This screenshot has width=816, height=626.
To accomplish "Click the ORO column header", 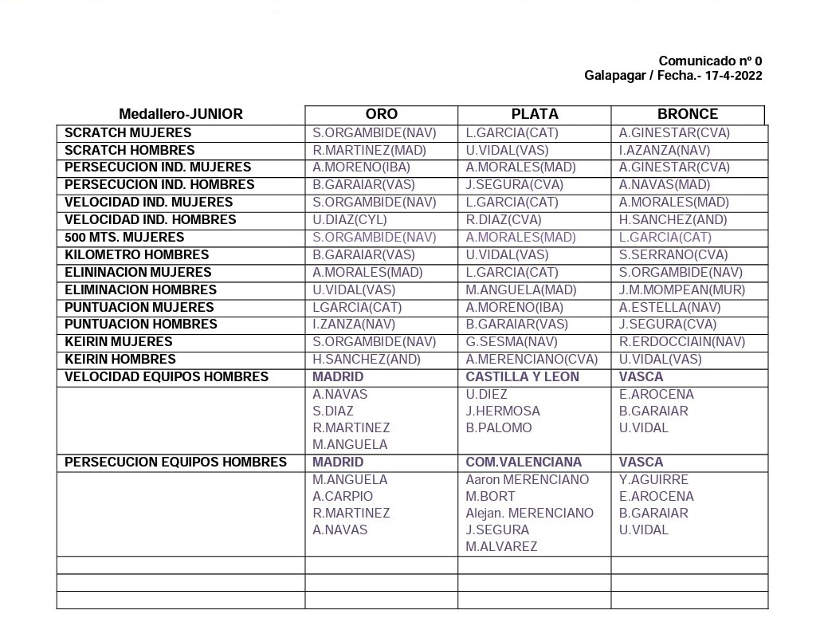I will click(381, 114).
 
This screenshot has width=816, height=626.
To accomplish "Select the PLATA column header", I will click(535, 114).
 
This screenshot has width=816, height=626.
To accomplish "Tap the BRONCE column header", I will click(687, 114).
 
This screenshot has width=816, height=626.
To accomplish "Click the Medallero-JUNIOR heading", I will click(181, 114).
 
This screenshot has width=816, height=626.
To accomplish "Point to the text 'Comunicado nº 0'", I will click(710, 61).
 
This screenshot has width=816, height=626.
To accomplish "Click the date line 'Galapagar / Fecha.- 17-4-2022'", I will click(673, 76).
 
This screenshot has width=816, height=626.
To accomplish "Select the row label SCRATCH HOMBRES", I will click(129, 150).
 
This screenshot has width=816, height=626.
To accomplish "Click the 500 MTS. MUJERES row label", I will click(124, 237).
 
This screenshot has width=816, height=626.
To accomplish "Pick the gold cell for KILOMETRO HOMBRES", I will click(363, 254).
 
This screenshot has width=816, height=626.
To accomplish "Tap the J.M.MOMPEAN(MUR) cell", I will click(681, 289).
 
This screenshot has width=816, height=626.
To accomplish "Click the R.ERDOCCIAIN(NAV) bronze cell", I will click(682, 341).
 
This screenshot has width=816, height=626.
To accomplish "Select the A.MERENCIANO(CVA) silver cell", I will click(532, 359).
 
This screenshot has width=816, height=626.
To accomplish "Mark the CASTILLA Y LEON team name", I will click(522, 376).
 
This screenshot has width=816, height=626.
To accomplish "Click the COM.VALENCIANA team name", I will click(524, 462).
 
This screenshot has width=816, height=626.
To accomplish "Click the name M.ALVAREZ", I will click(501, 546).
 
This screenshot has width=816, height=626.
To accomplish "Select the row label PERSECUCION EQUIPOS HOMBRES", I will click(175, 462).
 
